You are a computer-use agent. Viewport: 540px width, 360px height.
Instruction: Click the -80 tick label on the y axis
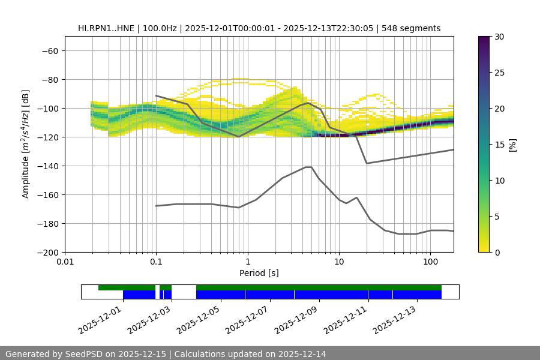tap(49, 80)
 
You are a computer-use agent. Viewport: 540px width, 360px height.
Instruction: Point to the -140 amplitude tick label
tap(46, 166)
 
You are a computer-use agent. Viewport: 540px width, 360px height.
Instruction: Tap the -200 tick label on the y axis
tap(46, 253)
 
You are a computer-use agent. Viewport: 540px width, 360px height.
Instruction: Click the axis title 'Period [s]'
tap(259, 274)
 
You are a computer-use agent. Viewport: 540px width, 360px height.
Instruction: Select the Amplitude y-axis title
tap(25, 144)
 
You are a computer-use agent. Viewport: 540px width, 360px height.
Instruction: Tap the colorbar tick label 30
tap(499, 37)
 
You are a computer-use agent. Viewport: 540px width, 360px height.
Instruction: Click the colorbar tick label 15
tap(499, 145)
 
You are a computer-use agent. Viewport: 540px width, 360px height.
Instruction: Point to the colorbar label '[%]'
tap(512, 145)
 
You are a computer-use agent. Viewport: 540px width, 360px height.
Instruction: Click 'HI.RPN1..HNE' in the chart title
tap(106, 28)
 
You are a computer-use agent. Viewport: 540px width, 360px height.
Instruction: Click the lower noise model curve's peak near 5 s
tap(308, 167)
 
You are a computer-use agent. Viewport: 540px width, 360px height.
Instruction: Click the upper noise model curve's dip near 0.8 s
tap(238, 137)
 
